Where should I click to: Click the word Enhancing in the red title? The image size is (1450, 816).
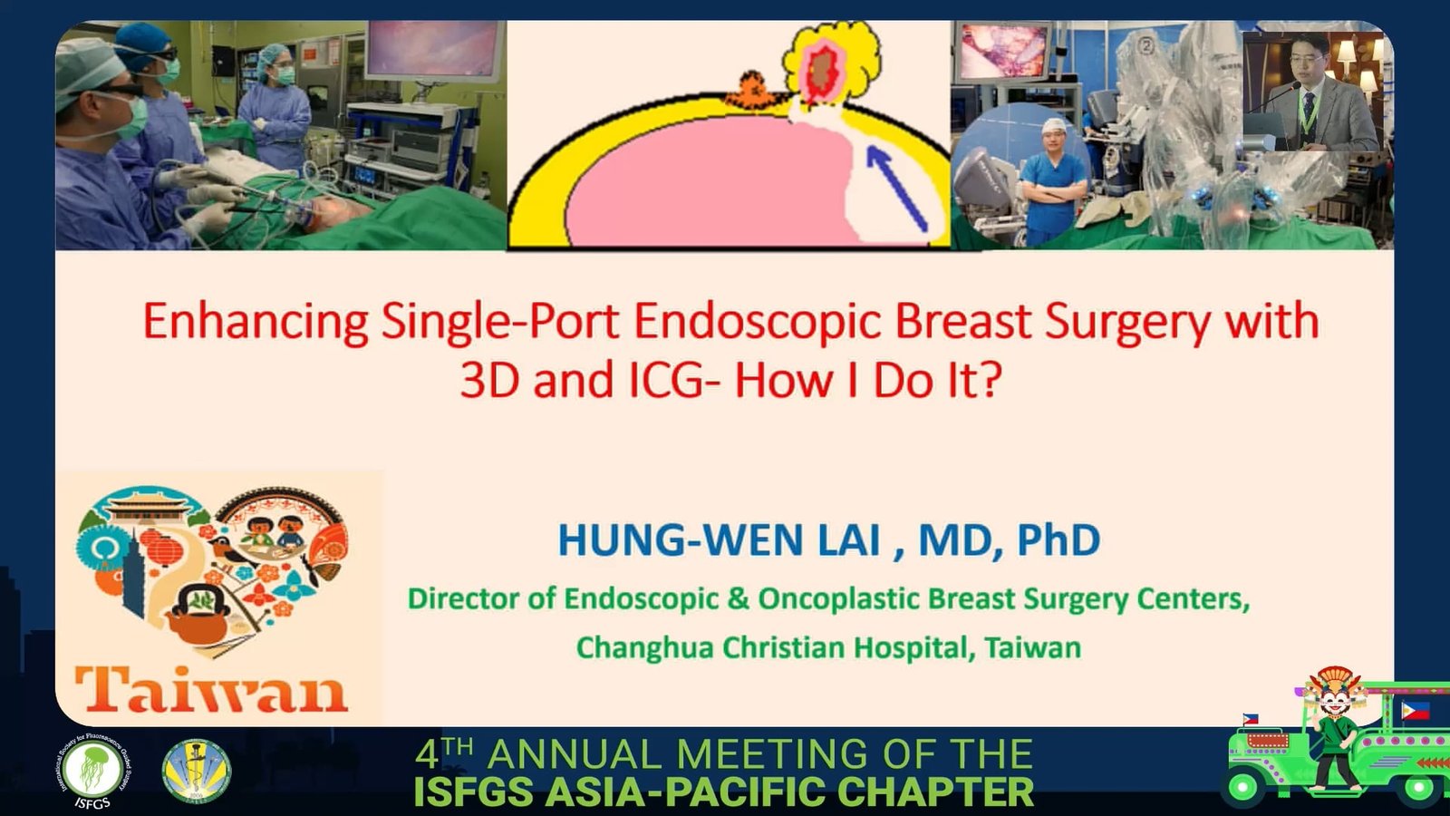[256, 323]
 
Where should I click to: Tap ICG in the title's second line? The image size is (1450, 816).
[667, 380]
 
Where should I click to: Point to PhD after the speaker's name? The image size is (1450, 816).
[1059, 539]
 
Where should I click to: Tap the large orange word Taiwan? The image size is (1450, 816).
[212, 690]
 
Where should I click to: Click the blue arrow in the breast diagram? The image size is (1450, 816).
[897, 189]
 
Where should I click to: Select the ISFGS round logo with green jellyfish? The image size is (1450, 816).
[92, 772]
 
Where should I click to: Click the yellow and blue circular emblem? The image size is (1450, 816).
[196, 771]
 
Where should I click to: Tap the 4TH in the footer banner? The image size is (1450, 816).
[444, 753]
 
